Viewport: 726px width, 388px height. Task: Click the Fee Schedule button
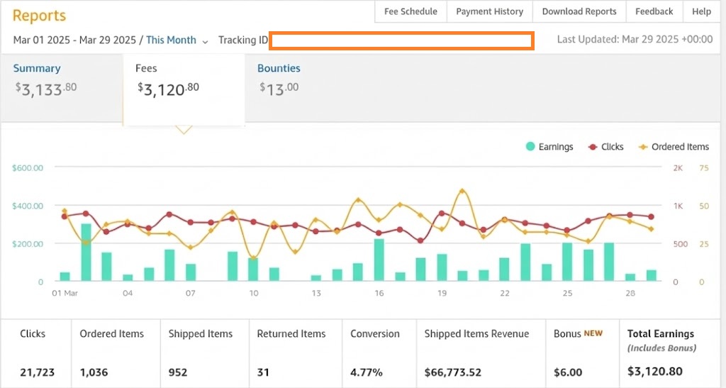pos(411,11)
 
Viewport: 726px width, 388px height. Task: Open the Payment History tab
pos(489,11)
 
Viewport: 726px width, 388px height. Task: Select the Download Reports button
pos(579,11)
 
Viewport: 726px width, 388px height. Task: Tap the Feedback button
pos(654,11)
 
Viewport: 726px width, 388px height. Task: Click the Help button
pos(701,11)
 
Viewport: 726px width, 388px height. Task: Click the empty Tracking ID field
pos(401,40)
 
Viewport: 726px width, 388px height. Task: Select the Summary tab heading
pos(37,68)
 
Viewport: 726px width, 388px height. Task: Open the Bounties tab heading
pos(279,68)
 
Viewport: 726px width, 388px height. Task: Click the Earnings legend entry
pos(549,147)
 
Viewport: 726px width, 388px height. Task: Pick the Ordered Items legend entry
pos(674,147)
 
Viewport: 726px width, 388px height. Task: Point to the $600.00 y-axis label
pos(28,167)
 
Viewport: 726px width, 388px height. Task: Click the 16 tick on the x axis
pos(379,293)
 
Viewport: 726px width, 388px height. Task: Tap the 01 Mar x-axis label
pos(65,293)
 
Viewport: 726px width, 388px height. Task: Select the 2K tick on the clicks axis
pos(678,167)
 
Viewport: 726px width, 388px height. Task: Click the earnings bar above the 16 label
pos(379,260)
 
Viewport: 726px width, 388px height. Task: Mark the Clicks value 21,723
pos(37,372)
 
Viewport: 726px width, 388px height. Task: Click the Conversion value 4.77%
pos(367,372)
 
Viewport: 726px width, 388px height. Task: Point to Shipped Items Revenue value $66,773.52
pos(452,372)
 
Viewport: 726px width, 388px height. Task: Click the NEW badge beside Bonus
pos(593,333)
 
